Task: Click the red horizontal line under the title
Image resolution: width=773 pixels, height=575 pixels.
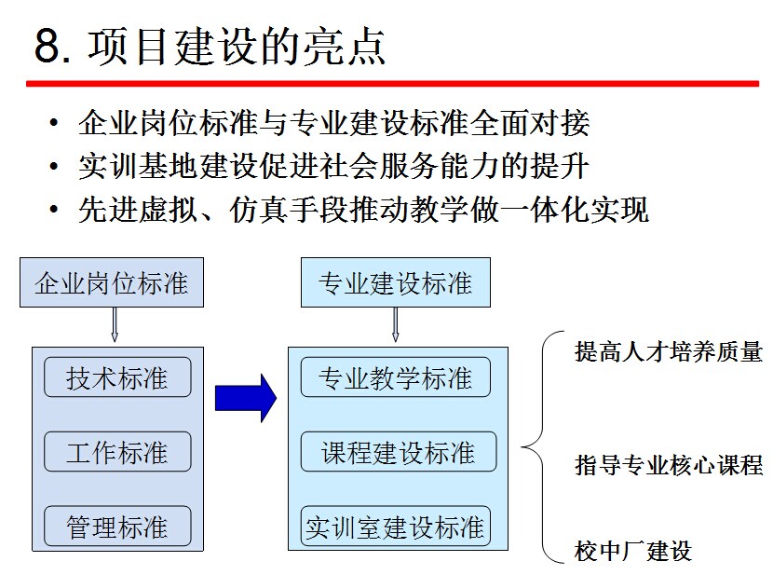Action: tap(391, 84)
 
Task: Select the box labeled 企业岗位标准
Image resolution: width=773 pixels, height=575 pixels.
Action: tap(111, 283)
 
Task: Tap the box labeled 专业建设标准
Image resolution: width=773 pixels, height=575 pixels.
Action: tap(395, 283)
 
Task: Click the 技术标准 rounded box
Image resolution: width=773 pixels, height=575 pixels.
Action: tap(117, 378)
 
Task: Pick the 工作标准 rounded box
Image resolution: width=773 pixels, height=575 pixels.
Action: tap(117, 453)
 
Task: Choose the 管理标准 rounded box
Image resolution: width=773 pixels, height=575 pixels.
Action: tap(117, 527)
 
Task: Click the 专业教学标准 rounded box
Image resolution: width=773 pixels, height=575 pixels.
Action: tap(395, 378)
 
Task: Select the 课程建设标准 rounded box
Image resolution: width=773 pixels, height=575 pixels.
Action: tap(398, 453)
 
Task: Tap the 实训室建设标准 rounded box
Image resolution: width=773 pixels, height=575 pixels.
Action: tap(395, 527)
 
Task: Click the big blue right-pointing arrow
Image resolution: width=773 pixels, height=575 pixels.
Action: tap(245, 398)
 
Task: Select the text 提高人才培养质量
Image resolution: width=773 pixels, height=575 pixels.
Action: tap(668, 352)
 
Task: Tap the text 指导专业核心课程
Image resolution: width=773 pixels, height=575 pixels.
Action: tap(668, 465)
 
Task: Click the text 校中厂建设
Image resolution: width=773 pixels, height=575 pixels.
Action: tap(633, 551)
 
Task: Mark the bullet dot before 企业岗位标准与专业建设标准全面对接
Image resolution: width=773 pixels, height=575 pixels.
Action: tap(57, 123)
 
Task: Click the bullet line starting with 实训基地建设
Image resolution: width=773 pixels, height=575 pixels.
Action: tap(333, 166)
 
